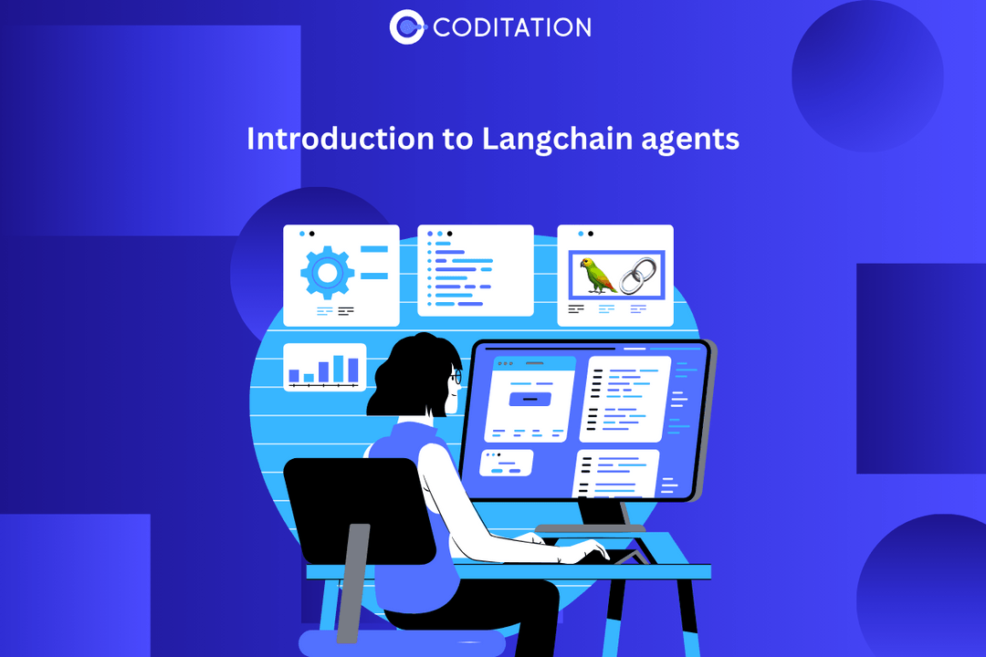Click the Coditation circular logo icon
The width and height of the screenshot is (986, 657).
point(406,27)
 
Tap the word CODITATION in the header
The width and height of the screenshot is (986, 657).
point(512,27)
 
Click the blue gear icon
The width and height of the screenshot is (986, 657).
point(327,271)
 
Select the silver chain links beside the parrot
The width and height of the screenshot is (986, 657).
point(637,275)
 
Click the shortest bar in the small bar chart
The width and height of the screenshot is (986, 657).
point(309,376)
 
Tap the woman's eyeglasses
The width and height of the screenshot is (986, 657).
point(456,375)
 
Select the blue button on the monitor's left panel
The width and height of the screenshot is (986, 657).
point(530,399)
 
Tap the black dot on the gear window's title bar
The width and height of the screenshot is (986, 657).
point(311,234)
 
